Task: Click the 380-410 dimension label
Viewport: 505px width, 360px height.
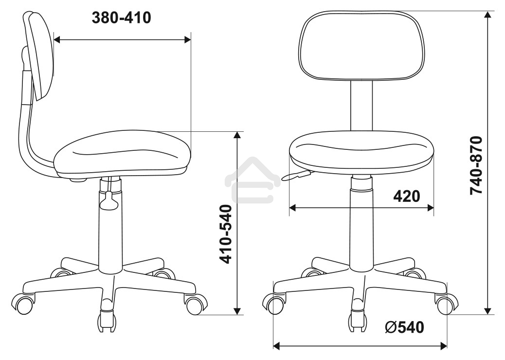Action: [122, 18]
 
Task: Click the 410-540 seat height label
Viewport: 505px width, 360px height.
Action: [225, 234]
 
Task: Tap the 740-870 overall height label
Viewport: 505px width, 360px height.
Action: [476, 165]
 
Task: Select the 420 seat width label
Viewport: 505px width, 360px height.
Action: [407, 196]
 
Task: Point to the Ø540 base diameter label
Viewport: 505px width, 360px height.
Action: [404, 327]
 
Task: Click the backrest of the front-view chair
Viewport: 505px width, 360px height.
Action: [361, 45]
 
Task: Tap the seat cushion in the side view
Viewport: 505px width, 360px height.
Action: [123, 153]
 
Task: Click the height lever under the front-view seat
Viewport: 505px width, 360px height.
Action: [296, 176]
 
